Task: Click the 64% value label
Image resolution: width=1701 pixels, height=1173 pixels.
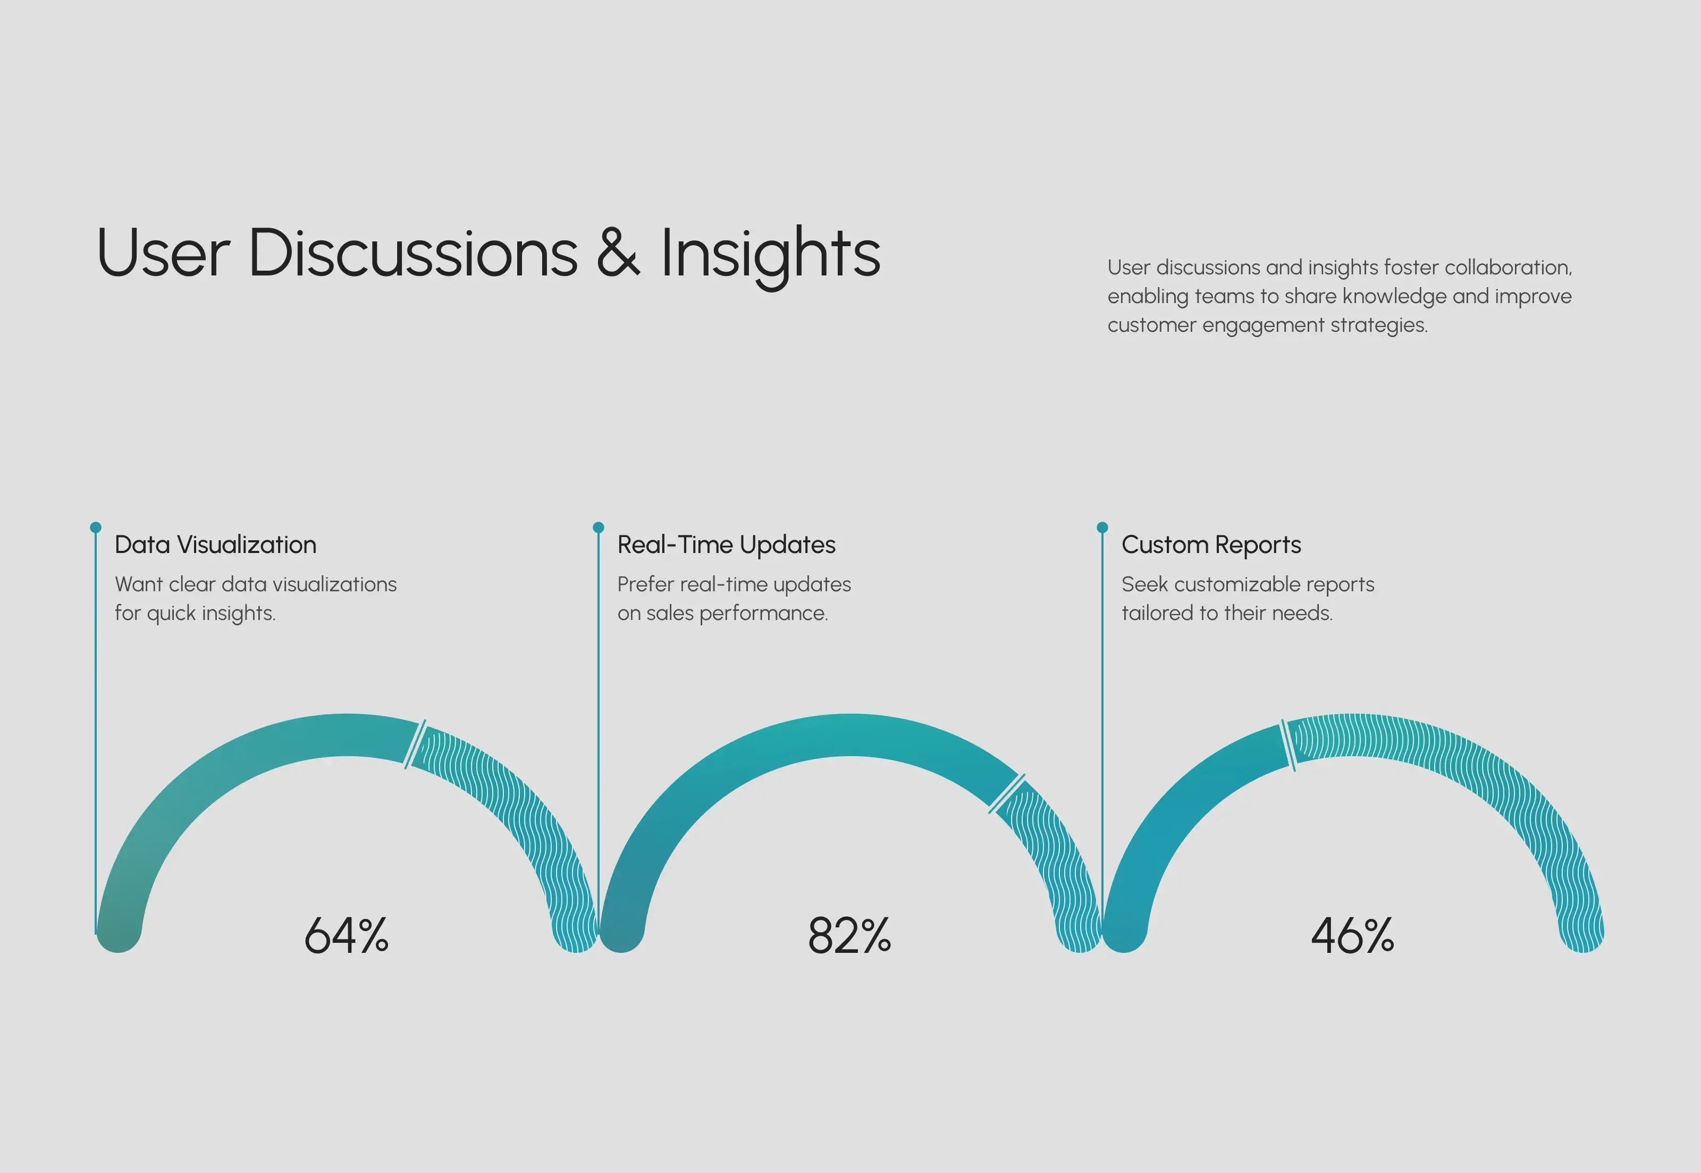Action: [x=346, y=936]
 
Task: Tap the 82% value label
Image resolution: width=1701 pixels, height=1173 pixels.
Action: [x=849, y=936]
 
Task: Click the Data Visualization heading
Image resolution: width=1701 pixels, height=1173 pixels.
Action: [x=215, y=544]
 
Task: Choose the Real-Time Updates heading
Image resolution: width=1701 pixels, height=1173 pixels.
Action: [x=726, y=544]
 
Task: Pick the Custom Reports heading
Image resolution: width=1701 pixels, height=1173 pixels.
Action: [x=1211, y=544]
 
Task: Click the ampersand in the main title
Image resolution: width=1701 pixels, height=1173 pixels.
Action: [x=618, y=252]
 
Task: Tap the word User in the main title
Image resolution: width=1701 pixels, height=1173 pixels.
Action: [x=163, y=253]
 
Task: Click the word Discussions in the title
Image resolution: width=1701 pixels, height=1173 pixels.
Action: [x=414, y=252]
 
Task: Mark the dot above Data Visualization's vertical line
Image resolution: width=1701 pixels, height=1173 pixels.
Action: [x=96, y=527]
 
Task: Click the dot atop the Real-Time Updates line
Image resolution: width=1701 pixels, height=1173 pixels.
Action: [x=598, y=527]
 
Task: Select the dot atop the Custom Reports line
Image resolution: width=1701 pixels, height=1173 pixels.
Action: [x=1102, y=527]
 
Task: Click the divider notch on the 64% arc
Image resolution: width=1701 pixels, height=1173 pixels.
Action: [x=415, y=744]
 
